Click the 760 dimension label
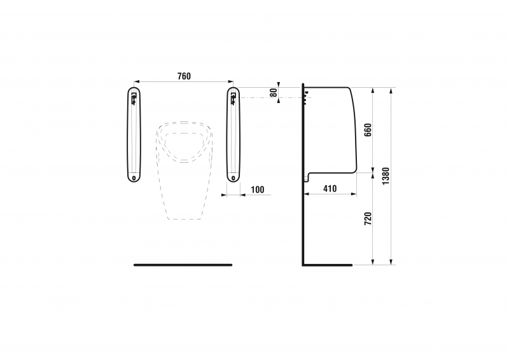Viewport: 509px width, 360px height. (x=184, y=76)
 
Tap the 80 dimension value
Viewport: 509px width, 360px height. (x=274, y=92)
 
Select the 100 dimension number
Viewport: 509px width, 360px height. (x=257, y=190)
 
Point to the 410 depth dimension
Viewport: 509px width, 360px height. (x=330, y=189)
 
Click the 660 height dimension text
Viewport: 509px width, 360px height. (x=367, y=130)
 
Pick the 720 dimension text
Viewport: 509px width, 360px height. (x=367, y=219)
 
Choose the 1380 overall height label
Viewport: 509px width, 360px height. (x=386, y=176)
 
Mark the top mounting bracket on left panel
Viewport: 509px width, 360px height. (x=134, y=98)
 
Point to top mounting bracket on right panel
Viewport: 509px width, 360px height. (x=233, y=98)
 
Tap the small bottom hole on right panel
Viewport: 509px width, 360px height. (x=234, y=177)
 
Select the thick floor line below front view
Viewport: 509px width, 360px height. (x=183, y=265)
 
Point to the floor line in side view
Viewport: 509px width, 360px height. (x=328, y=264)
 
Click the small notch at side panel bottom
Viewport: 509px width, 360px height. (x=307, y=177)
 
